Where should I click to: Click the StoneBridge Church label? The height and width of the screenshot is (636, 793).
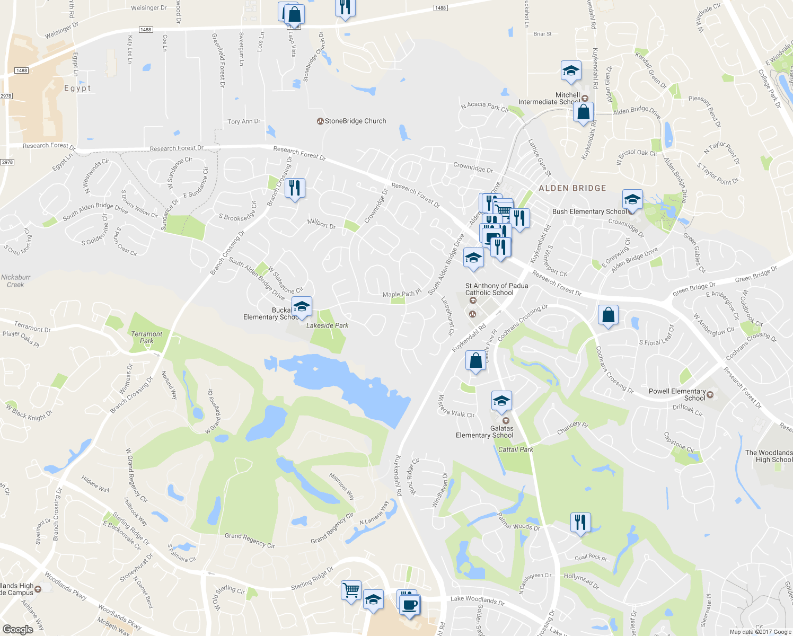pos(355,121)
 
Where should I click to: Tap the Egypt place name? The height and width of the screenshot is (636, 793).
pos(77,89)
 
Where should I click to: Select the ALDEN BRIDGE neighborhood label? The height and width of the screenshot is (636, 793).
pos(572,188)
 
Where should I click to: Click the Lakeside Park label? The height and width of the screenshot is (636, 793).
pos(327,325)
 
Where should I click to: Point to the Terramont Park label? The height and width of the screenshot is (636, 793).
pos(147,337)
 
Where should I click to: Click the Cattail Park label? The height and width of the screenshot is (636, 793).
pos(515,449)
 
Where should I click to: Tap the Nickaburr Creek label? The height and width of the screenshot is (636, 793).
pos(16,281)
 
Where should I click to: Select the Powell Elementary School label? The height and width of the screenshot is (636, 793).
pos(677,394)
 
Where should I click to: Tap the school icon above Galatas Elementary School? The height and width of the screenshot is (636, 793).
pos(501,401)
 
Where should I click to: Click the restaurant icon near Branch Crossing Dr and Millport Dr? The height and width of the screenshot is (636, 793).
pos(295,188)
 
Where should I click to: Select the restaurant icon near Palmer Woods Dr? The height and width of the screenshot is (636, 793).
pos(580,523)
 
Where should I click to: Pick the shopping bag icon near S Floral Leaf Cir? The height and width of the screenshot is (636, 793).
pos(609,315)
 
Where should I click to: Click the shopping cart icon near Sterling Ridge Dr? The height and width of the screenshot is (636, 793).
pos(351,590)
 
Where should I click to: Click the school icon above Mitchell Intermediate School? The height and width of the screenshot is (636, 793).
pos(571,71)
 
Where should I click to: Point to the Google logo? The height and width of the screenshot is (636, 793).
pos(17,629)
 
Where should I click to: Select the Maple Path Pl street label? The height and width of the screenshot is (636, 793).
pos(402,294)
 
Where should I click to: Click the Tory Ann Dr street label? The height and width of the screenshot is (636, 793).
pos(244,121)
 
